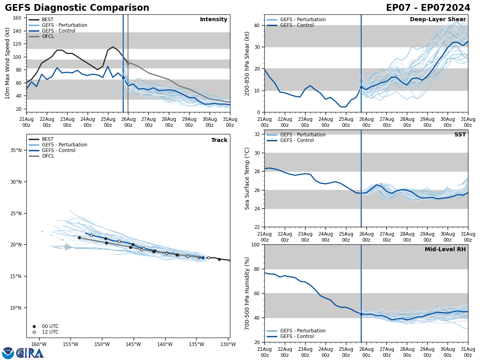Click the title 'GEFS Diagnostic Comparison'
[x=77, y=8]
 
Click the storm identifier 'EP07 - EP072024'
[x=428, y=8]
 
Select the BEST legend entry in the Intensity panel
[x=47, y=20]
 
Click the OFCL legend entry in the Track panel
[x=48, y=156]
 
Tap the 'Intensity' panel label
[x=214, y=20]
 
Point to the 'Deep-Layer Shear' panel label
[x=438, y=20]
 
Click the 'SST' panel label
[x=460, y=135]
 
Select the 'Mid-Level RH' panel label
[x=445, y=250]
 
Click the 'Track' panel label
[x=219, y=140]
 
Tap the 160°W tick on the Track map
[x=39, y=344]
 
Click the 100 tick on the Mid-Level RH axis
[x=256, y=245]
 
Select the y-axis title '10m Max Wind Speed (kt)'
[x=8, y=63]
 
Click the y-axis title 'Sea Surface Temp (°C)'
[x=247, y=178]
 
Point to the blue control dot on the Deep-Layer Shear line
[x=361, y=87]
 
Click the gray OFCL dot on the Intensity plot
[x=128, y=63]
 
